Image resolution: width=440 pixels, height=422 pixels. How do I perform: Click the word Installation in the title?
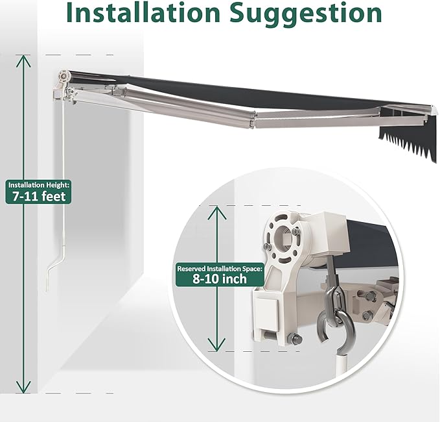coord(143,12)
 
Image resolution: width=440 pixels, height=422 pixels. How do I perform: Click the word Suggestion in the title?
coord(306,14)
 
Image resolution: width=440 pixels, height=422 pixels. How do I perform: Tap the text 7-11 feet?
coord(39,196)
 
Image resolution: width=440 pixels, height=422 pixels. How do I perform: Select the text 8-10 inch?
coord(220,279)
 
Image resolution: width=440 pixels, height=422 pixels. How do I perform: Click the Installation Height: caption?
coord(39,185)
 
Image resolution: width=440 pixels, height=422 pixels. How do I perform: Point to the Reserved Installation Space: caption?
coord(220,269)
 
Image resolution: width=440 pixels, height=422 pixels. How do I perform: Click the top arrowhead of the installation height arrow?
coord(23,61)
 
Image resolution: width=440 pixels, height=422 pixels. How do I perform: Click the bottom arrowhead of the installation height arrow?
coord(23,387)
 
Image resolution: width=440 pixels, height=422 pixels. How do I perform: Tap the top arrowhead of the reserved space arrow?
coord(216,212)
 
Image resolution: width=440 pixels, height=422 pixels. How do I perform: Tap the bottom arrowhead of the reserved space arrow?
coord(216,344)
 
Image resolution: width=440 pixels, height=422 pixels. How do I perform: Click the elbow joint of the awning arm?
coord(251,119)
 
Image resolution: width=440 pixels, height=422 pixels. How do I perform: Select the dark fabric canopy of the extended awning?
coord(253,92)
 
